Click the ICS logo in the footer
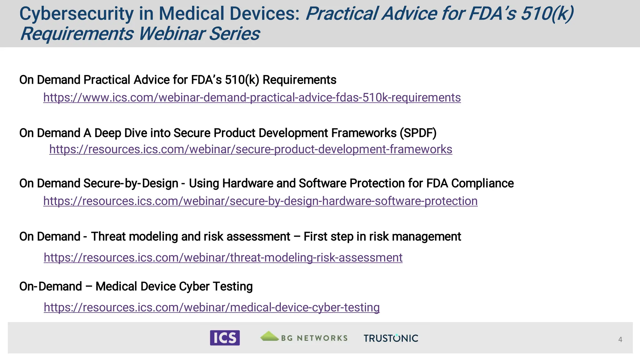coord(225,338)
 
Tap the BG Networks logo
coord(304,337)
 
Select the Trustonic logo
coord(391,338)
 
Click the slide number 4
coord(620,339)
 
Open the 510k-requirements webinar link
coord(252,97)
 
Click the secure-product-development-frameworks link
coord(251,149)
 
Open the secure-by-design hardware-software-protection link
coord(260,201)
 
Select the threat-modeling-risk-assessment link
coord(223,257)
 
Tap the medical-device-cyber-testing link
coord(212,307)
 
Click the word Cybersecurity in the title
coord(77,14)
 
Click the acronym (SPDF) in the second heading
coord(418,133)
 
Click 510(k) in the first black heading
coord(242,80)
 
